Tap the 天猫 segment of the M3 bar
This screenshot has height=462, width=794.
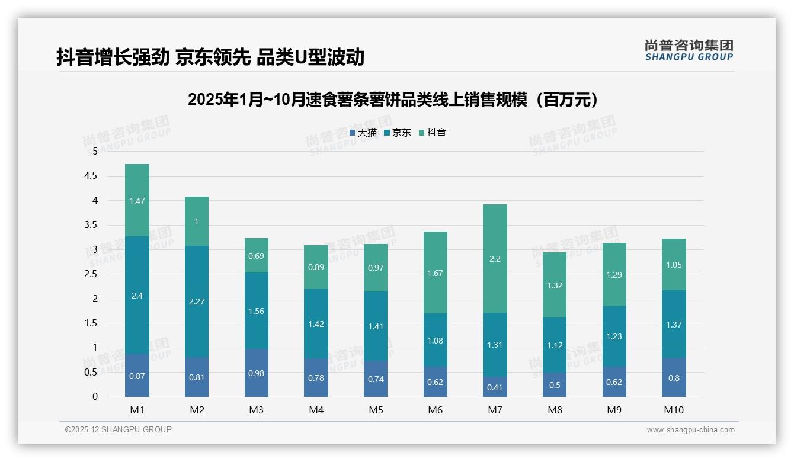[x=257, y=373]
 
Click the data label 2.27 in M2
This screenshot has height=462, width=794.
[x=197, y=301]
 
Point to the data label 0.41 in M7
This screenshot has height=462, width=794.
[x=495, y=388]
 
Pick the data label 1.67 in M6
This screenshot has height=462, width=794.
[x=435, y=273]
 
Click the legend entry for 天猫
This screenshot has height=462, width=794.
[x=363, y=133]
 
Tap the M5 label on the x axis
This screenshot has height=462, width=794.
[x=375, y=410]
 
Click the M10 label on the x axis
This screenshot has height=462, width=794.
[x=673, y=410]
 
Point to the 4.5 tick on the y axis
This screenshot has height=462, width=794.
[x=91, y=176]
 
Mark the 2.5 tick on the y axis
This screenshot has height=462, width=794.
[x=91, y=274]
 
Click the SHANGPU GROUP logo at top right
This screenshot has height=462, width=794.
[x=689, y=50]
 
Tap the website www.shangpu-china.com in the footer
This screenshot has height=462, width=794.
[x=690, y=430]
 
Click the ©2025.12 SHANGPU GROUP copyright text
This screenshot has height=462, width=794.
[x=119, y=430]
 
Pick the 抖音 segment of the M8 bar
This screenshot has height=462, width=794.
[x=554, y=285]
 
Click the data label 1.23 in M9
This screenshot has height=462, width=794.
[x=614, y=336]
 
